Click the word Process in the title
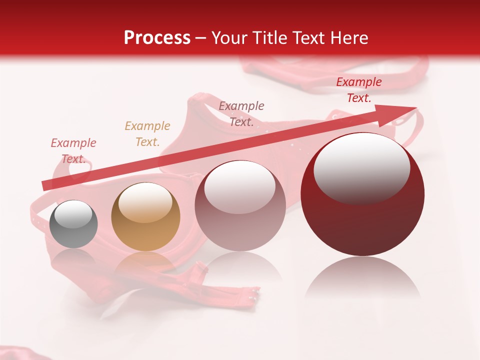coord(157,38)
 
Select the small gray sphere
coord(73,224)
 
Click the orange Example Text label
coord(147,133)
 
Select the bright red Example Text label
coord(358,90)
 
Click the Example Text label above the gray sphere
coord(73,150)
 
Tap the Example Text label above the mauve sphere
coord(241,113)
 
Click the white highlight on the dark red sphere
coord(361,167)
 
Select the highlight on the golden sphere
coord(145,201)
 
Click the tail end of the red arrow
coord(46,185)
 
